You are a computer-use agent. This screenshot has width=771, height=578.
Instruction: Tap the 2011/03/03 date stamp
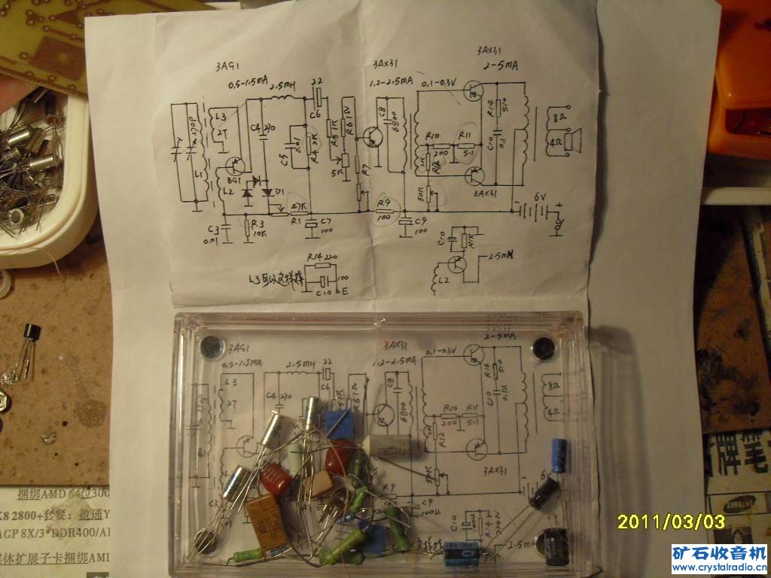(671, 521)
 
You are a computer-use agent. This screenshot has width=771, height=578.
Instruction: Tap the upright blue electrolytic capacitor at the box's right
(558, 456)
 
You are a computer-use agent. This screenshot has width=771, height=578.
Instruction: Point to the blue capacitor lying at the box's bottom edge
(462, 552)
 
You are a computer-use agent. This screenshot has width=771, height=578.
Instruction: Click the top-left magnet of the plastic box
(210, 347)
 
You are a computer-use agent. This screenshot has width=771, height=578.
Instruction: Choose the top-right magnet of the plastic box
(543, 348)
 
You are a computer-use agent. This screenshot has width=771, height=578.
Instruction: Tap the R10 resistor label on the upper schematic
(432, 135)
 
